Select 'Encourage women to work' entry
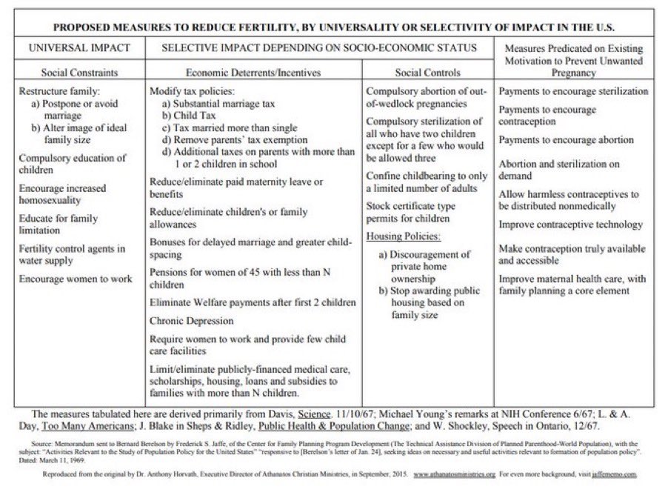[75, 279]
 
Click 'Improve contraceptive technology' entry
[570, 225]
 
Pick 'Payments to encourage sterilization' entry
[573, 91]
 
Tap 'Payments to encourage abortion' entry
[566, 139]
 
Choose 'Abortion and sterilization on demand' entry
[559, 170]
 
